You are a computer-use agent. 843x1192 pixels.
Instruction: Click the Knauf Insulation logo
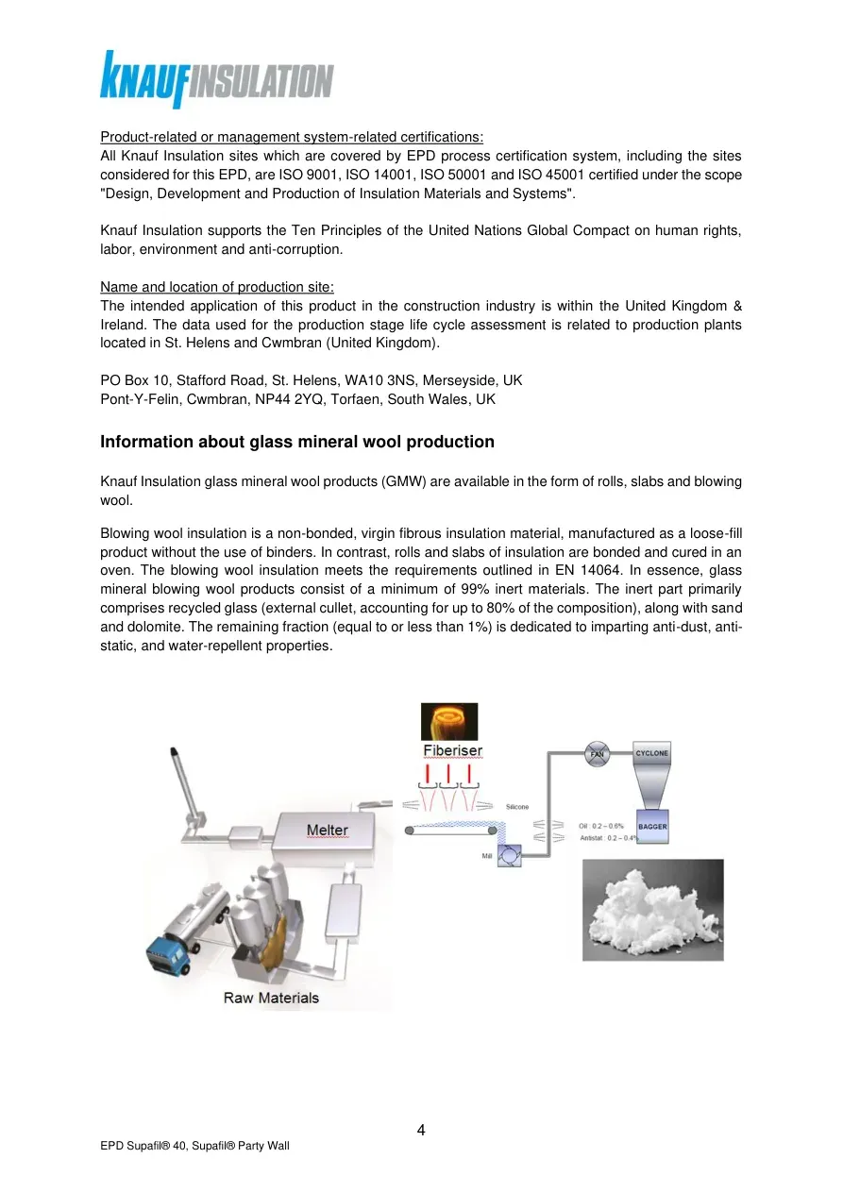click(216, 80)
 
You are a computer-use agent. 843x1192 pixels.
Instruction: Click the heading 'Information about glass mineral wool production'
click(297, 442)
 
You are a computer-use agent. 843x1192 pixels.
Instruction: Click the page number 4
click(421, 1130)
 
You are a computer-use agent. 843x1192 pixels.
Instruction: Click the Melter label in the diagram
click(327, 830)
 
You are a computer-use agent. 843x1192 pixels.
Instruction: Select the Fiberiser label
click(452, 750)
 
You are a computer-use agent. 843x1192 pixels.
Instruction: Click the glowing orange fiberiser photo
click(449, 722)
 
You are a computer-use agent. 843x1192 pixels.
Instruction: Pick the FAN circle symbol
click(598, 754)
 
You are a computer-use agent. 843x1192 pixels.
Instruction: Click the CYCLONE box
click(651, 753)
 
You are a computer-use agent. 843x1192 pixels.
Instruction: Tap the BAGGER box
click(652, 827)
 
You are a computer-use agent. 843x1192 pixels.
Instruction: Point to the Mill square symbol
click(510, 856)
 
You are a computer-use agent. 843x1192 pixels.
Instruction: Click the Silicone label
click(517, 807)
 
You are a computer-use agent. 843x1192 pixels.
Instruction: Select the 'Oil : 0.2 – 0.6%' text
click(600, 826)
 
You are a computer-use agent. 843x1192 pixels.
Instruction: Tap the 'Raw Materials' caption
click(271, 998)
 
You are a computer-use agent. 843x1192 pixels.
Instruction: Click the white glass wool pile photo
click(653, 910)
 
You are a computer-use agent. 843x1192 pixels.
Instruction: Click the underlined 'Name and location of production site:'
click(217, 287)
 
